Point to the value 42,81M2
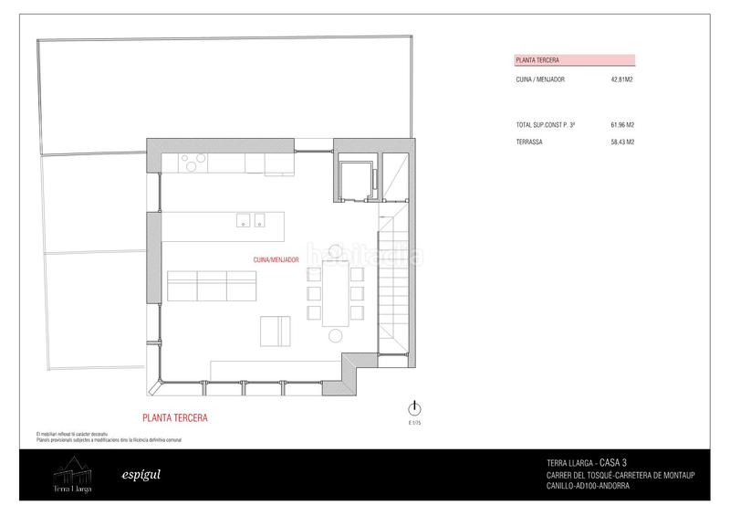[x=622, y=80]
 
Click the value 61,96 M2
[x=621, y=123]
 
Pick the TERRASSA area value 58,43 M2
[x=621, y=142]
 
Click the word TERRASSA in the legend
[x=529, y=142]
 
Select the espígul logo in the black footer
[x=135, y=475]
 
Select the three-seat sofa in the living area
[x=213, y=286]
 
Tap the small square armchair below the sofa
[x=276, y=330]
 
